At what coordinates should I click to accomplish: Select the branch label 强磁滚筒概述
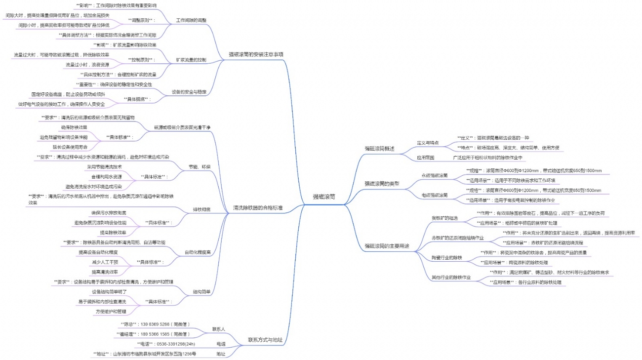point(379,148)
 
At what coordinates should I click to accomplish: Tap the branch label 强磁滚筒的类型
point(381,183)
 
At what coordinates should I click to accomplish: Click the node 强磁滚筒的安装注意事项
point(256,54)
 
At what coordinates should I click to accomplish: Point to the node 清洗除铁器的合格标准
point(257,208)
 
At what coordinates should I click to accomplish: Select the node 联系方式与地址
point(265,340)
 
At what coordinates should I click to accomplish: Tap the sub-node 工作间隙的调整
point(191,20)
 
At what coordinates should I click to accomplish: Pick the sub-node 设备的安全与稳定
point(189,92)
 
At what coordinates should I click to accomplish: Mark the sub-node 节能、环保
point(200,166)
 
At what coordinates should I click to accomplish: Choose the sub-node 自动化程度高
point(197,252)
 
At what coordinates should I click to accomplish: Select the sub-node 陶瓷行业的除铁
point(446,257)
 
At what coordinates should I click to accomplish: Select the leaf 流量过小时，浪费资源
point(87,65)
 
